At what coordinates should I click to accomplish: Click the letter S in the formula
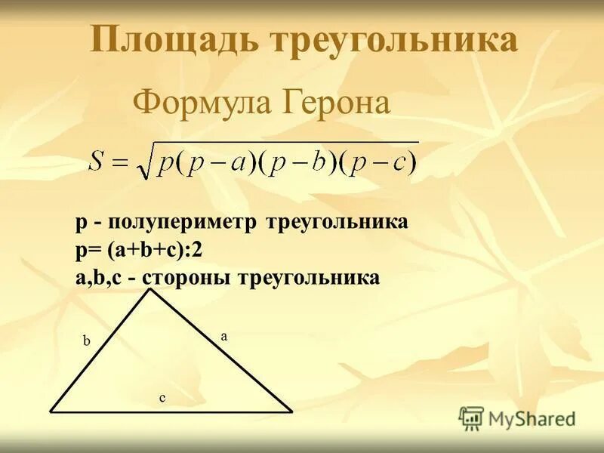[x=97, y=161]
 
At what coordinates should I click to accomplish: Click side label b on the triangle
[x=87, y=341]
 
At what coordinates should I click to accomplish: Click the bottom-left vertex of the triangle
[x=51, y=411]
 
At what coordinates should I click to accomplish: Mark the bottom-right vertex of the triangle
[x=292, y=411]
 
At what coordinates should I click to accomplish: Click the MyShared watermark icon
[x=471, y=418]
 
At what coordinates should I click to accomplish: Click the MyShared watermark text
[x=532, y=418]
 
